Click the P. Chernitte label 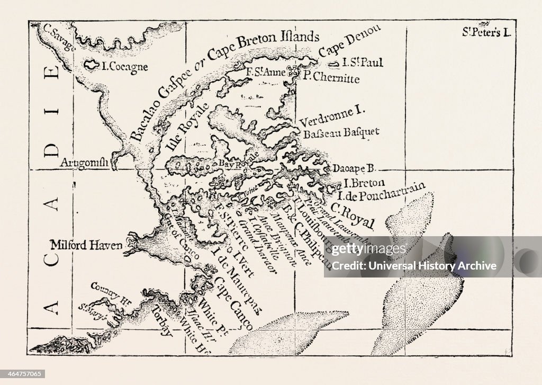pos(331,79)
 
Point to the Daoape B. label pos(354,168)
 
